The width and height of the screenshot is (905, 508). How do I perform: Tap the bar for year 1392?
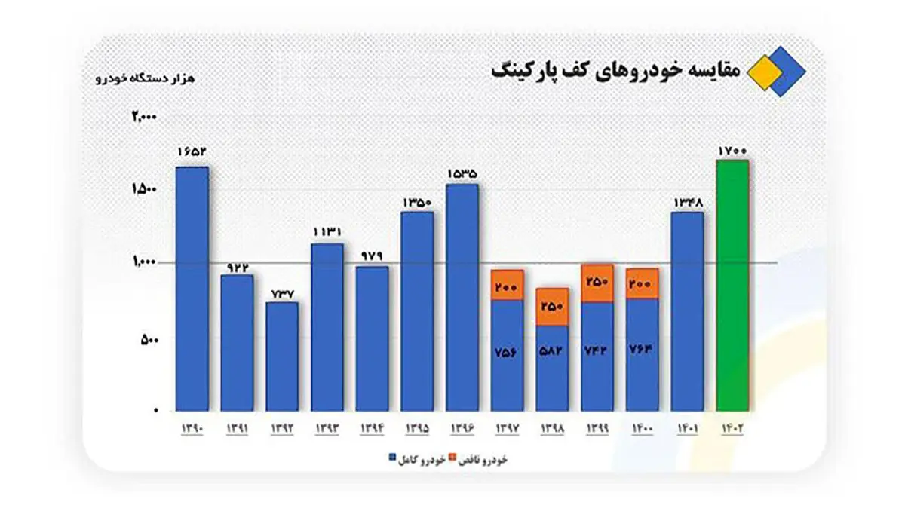[282, 357]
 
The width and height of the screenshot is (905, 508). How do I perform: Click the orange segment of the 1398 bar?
[552, 307]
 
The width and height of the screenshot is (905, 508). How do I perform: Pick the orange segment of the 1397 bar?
[508, 286]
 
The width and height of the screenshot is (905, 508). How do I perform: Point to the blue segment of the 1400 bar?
[642, 354]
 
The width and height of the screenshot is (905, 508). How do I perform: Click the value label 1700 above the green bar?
[732, 151]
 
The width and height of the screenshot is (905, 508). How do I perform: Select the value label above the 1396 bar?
[462, 174]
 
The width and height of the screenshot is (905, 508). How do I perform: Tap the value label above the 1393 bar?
[327, 233]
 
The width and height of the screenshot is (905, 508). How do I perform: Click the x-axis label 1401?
[687, 427]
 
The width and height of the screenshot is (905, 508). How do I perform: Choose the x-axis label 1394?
[372, 427]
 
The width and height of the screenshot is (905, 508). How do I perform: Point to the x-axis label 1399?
[597, 427]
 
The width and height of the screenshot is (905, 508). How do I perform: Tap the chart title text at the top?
[615, 70]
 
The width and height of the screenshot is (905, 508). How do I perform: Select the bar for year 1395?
[417, 311]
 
